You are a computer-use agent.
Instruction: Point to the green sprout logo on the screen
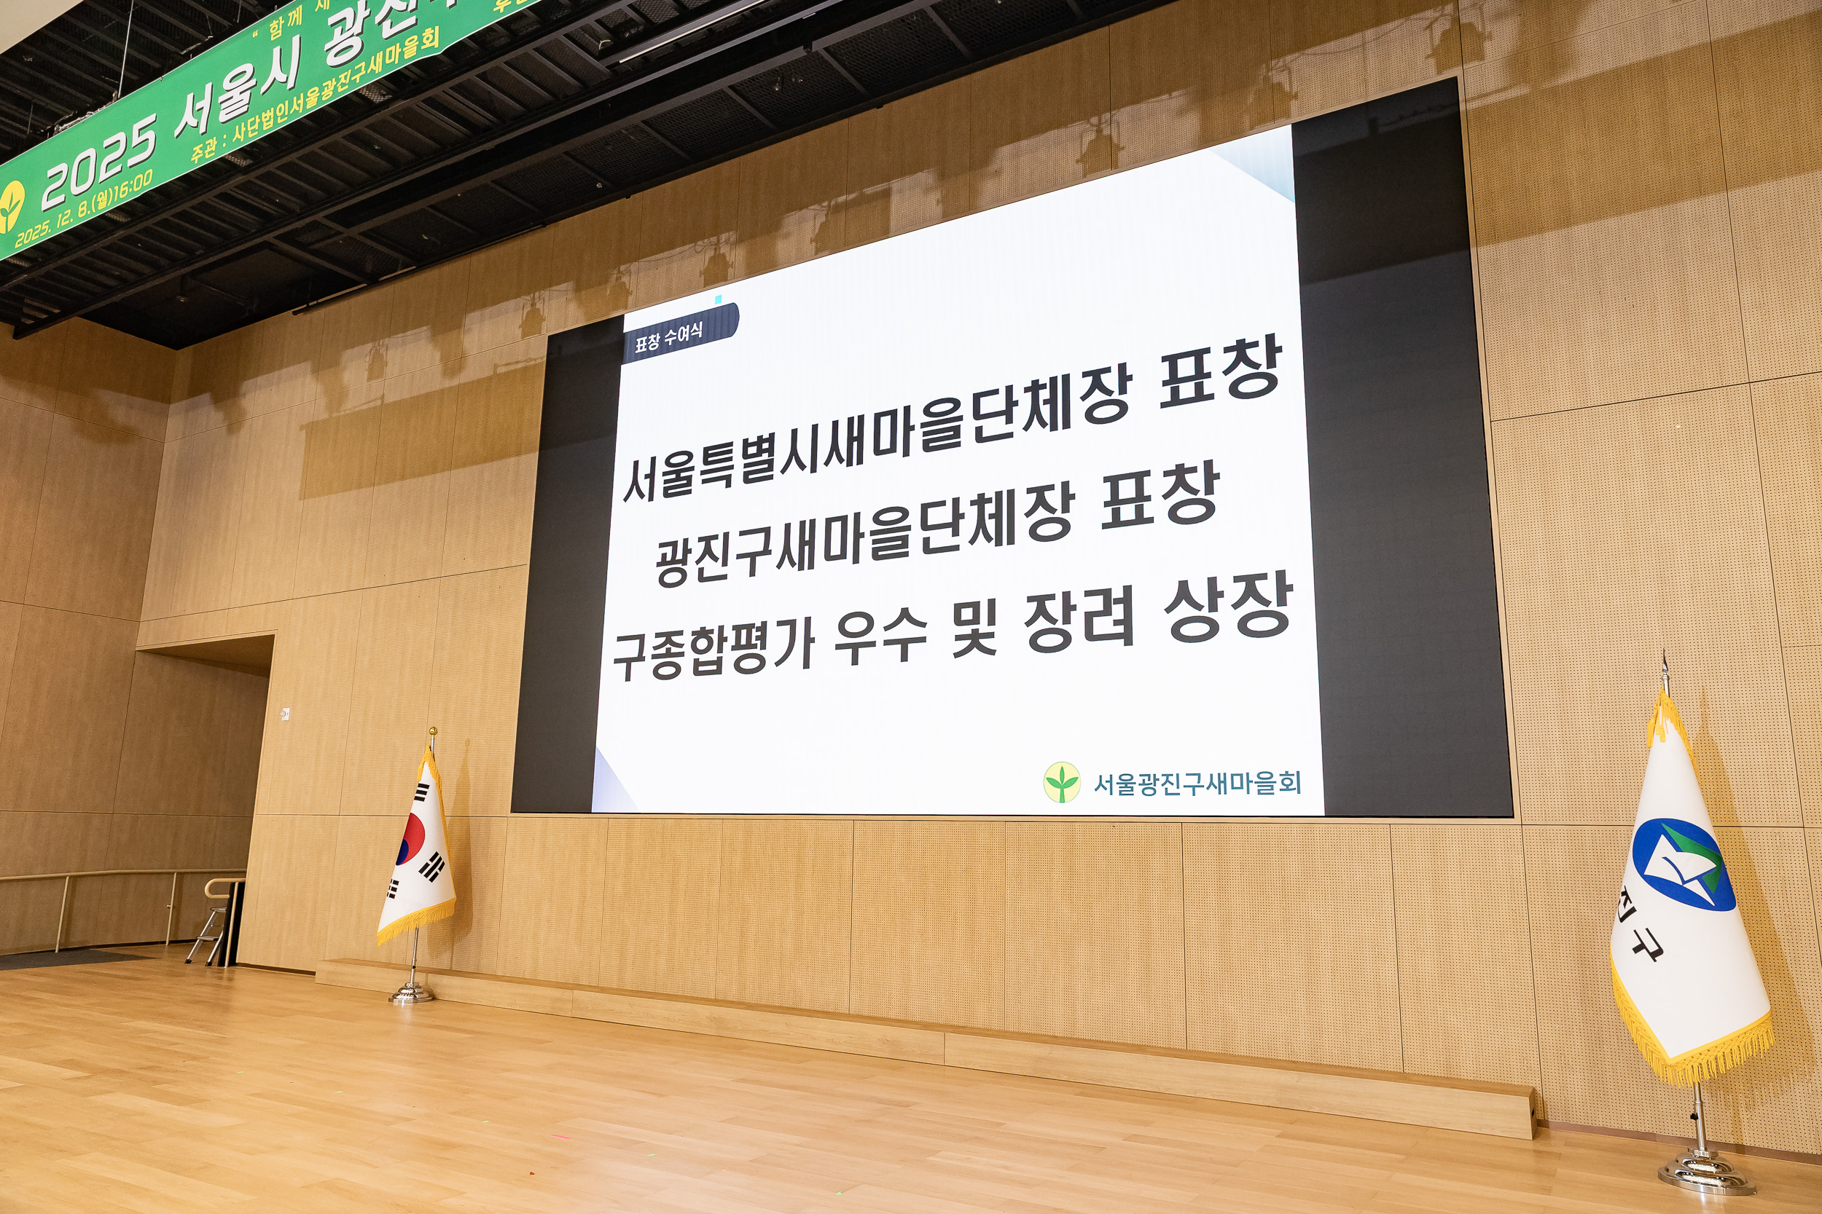coord(1061,782)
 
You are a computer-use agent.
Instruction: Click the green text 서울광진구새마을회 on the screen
coord(1197,784)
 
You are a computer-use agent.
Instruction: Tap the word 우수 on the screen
coord(880,639)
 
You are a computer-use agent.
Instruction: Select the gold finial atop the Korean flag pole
coord(433,732)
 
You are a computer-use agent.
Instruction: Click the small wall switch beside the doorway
coord(286,712)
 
